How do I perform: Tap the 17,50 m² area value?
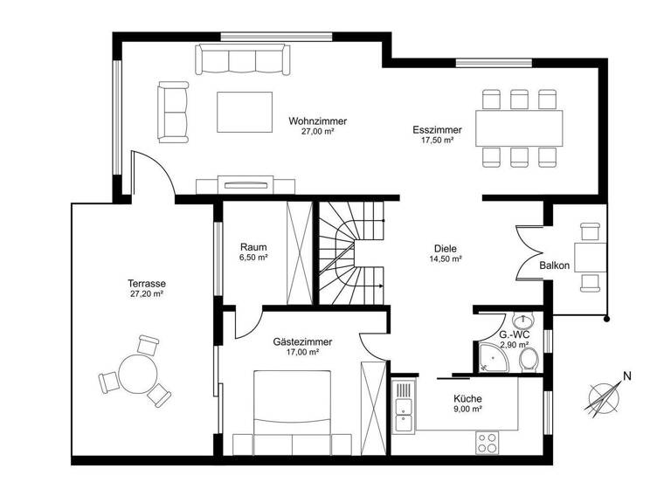click(x=438, y=140)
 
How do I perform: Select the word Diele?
click(x=445, y=248)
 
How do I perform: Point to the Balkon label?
click(x=555, y=265)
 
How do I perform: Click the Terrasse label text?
click(x=146, y=284)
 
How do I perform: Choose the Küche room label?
click(x=467, y=399)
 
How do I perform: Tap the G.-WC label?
click(x=512, y=334)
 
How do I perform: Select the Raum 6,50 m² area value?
click(x=253, y=258)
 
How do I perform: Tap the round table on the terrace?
click(x=136, y=375)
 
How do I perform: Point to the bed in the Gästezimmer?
click(x=292, y=410)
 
